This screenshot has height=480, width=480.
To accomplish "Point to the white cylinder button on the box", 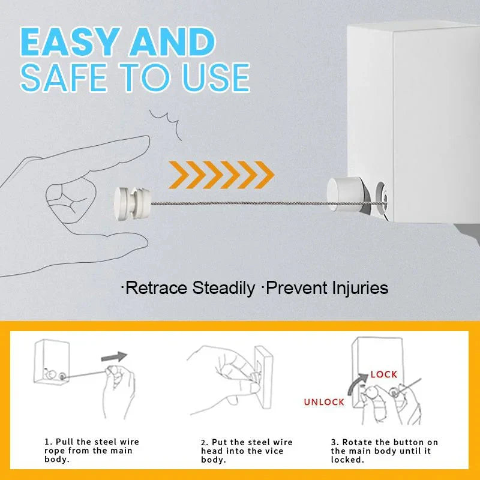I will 340,193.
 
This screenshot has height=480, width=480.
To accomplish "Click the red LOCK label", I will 383,374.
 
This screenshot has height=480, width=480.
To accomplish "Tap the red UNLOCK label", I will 324,402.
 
